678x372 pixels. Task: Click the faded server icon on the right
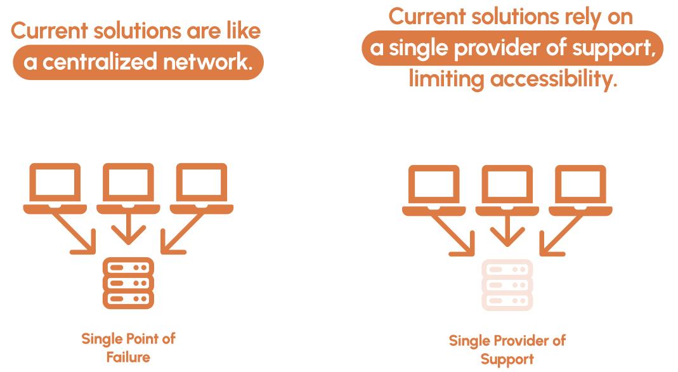pyautogui.click(x=507, y=285)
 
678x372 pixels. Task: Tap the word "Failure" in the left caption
pyautogui.click(x=128, y=357)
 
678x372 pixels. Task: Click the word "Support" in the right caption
pyautogui.click(x=507, y=359)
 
